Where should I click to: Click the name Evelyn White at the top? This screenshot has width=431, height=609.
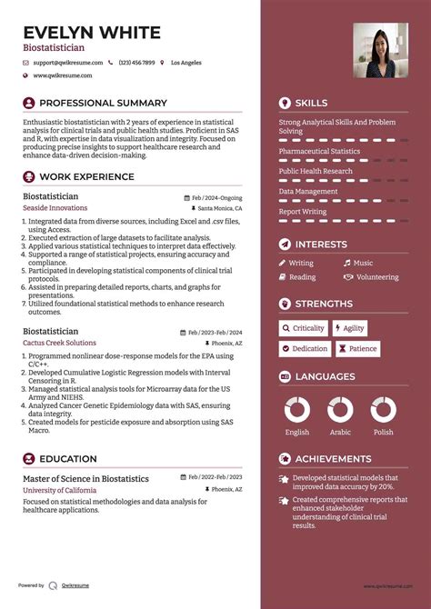[x=92, y=33]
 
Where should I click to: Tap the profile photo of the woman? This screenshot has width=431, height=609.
[x=379, y=50]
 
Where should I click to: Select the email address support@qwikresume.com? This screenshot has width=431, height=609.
[x=68, y=63]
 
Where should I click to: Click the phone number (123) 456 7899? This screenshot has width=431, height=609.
[x=136, y=63]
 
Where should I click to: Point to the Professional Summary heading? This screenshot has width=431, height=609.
[x=103, y=104]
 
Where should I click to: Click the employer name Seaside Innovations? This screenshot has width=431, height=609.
[x=55, y=208]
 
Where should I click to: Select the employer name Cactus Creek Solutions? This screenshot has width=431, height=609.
[x=59, y=343]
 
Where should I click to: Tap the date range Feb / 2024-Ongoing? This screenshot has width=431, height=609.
[x=216, y=197]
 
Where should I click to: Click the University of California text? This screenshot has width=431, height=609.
[x=59, y=490]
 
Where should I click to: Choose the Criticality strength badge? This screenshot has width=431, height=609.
[x=303, y=328]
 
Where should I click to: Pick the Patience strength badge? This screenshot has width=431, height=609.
[x=358, y=349]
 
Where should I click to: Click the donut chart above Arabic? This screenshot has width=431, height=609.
[x=340, y=410]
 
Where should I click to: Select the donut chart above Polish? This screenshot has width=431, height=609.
[x=383, y=410]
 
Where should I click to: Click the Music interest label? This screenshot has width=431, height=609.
[x=363, y=263]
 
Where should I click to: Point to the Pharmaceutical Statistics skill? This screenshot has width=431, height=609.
[x=319, y=152]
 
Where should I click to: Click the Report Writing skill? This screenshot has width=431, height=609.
[x=303, y=212]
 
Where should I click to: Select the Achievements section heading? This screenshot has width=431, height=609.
[x=333, y=459]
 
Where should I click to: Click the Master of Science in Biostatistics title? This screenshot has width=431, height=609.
[x=85, y=478]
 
